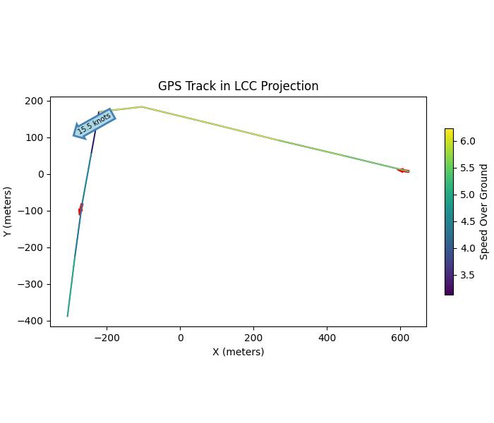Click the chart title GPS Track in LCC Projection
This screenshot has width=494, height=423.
238,86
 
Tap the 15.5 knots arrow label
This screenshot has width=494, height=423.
94,123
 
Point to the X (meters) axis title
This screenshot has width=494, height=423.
238,352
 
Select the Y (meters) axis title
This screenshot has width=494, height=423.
8,211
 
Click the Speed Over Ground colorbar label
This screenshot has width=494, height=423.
484,211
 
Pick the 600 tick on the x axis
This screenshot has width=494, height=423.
400,338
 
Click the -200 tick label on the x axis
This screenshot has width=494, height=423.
107,338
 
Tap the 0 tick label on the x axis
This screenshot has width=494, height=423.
181,338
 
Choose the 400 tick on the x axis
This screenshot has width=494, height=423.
327,338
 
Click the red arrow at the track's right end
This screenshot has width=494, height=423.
403,171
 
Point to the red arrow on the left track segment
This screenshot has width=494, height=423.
80,209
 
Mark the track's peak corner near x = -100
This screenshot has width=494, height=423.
142,106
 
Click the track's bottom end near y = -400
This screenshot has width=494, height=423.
68,316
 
